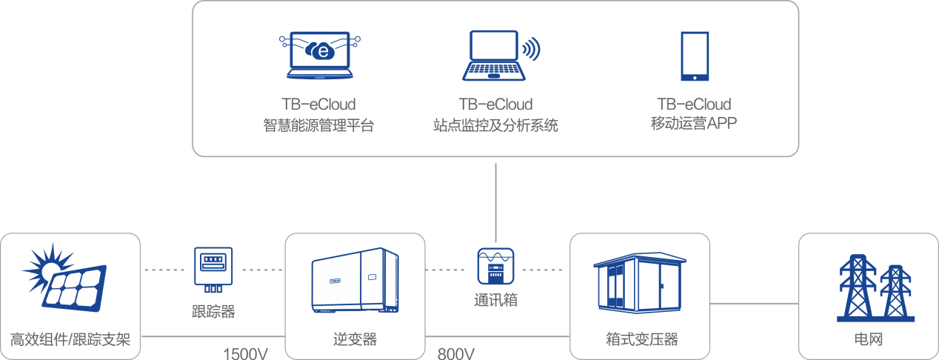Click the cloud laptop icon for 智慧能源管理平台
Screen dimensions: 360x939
(x=318, y=56)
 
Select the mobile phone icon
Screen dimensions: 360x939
(x=695, y=56)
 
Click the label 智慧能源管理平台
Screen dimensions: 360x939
(x=318, y=125)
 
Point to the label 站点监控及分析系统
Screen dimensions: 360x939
(x=495, y=125)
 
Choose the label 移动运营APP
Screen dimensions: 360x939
(x=694, y=124)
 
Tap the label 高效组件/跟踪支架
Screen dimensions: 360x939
(x=70, y=340)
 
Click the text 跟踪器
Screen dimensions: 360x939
(x=213, y=312)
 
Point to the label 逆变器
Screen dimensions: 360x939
(x=355, y=340)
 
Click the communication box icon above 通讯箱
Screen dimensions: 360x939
(x=495, y=267)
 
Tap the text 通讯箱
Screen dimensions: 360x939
(x=495, y=301)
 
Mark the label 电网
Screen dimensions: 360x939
(x=868, y=340)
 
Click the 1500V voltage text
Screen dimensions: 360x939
(x=245, y=353)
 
